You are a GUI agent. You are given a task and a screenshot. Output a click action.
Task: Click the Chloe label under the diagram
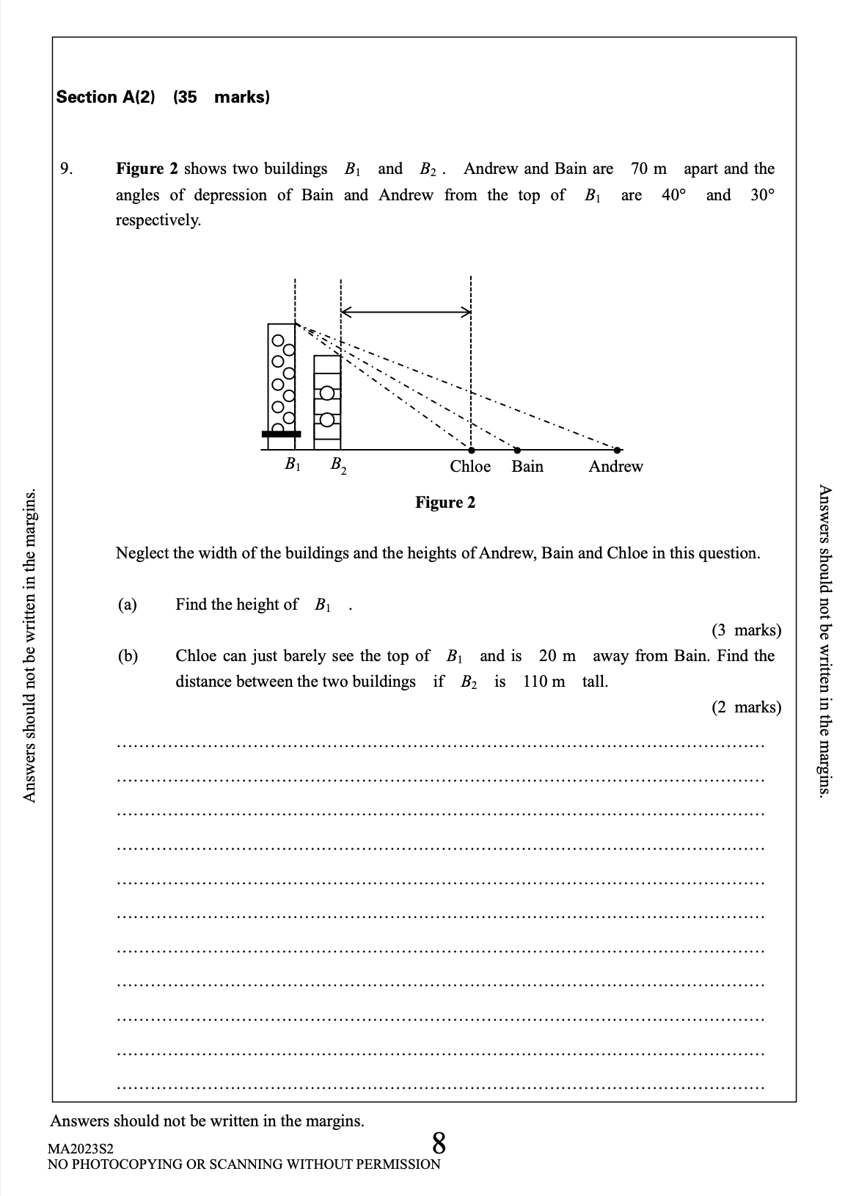coord(470,467)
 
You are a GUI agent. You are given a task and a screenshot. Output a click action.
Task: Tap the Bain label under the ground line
coord(527,467)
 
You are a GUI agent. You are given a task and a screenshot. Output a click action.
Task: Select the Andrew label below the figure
coord(615,467)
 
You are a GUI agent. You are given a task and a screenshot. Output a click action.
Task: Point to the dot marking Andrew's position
coord(618,450)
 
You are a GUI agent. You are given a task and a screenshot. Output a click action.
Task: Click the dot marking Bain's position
coord(517,450)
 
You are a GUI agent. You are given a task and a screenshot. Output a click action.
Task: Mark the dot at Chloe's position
coord(471,450)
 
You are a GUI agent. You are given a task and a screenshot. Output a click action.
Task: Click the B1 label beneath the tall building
coord(293,464)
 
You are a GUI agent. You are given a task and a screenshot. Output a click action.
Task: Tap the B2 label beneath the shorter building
coord(338,465)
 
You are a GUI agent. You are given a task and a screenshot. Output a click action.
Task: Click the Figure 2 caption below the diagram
coord(445,503)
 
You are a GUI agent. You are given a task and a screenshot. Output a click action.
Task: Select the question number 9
coord(66,169)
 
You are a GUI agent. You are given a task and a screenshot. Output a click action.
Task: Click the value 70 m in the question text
coord(649,169)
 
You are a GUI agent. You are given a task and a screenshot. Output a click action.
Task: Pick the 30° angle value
coord(763,195)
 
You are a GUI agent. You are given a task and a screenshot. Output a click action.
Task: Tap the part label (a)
coord(128,605)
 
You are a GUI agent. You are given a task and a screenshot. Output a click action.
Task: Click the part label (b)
coord(128,656)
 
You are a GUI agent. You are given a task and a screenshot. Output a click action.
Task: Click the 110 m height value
coord(544,682)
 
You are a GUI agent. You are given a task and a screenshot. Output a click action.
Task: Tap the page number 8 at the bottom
coord(439,1143)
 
